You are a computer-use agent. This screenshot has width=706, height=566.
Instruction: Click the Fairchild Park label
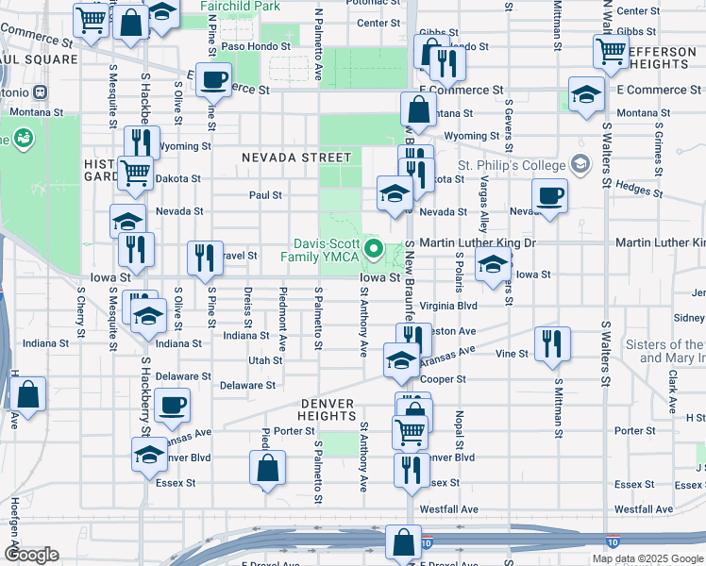[242, 7]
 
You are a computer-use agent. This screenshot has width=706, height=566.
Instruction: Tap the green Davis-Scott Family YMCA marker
[374, 250]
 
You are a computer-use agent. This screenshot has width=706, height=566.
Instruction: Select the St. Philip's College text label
[510, 166]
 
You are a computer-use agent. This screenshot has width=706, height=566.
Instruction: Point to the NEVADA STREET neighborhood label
[295, 158]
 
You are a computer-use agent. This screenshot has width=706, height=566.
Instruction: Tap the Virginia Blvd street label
[448, 307]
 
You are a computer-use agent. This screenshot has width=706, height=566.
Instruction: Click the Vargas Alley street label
[483, 204]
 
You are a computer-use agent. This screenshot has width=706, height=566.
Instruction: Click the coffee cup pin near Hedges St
[549, 195]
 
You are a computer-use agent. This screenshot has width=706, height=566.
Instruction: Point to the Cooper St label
[444, 379]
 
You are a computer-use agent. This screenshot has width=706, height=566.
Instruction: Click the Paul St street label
[265, 195]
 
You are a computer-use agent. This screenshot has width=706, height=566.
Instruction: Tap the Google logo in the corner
[31, 555]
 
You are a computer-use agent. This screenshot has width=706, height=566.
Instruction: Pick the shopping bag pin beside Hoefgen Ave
[29, 395]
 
